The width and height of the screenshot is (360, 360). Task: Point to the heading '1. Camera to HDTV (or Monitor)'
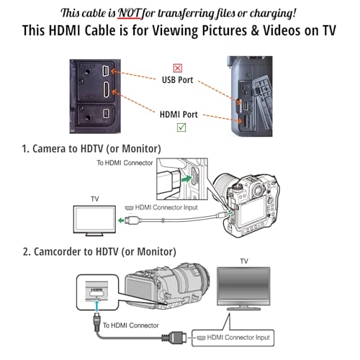91,148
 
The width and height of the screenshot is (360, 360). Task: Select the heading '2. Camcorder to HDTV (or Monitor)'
99,251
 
